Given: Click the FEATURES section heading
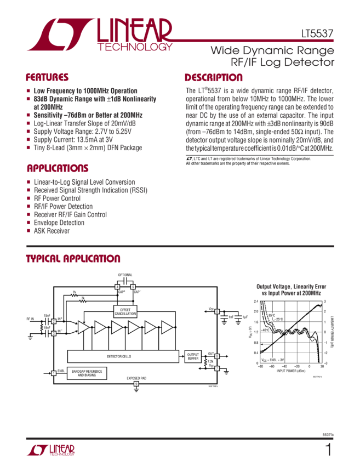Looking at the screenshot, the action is point(48,77).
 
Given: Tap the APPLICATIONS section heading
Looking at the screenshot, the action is point(58,168).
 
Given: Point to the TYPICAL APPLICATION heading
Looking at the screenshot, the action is point(73,259).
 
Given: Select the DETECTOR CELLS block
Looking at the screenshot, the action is point(122,356).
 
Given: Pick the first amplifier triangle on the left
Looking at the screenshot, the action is point(83,327).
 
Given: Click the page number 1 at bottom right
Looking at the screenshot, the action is point(328,451).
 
